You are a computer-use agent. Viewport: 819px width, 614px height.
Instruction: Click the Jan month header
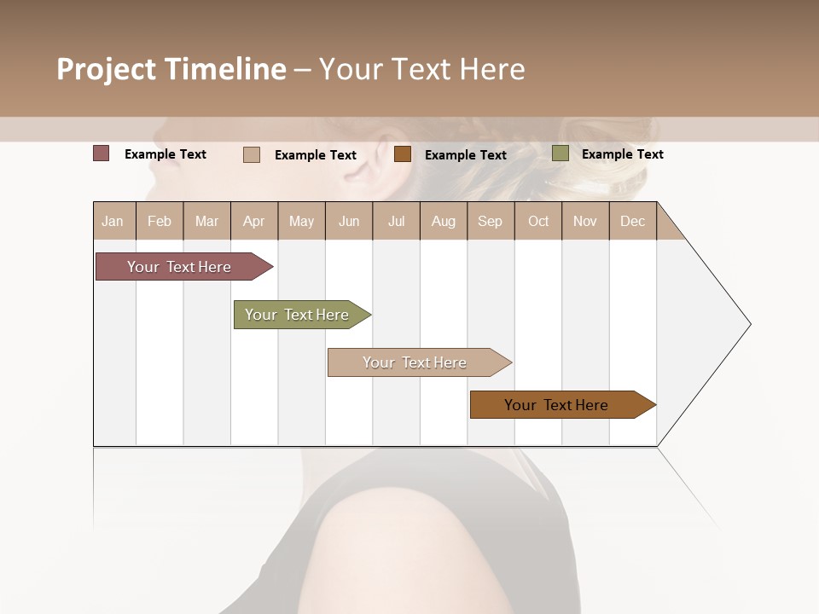point(113,221)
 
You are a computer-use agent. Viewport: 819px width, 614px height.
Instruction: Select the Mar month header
point(206,221)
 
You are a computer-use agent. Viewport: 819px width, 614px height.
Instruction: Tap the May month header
point(301,221)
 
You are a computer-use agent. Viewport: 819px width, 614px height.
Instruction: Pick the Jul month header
point(396,221)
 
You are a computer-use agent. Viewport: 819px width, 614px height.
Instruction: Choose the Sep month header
point(490,221)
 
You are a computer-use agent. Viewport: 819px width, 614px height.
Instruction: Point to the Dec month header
point(632,221)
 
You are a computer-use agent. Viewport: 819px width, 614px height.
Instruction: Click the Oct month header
point(538,221)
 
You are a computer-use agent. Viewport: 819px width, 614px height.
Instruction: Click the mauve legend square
point(102,153)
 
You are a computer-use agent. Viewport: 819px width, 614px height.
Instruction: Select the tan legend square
point(252,154)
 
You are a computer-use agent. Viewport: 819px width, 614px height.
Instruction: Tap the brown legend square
point(403,154)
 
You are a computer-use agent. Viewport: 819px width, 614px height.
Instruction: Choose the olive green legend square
point(561,153)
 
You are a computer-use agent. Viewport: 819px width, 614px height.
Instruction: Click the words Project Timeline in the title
point(171,69)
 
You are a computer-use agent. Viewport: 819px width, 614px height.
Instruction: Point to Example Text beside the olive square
point(622,154)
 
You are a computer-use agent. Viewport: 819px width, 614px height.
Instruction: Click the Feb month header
point(160,221)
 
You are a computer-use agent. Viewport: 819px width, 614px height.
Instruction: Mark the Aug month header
point(444,221)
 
